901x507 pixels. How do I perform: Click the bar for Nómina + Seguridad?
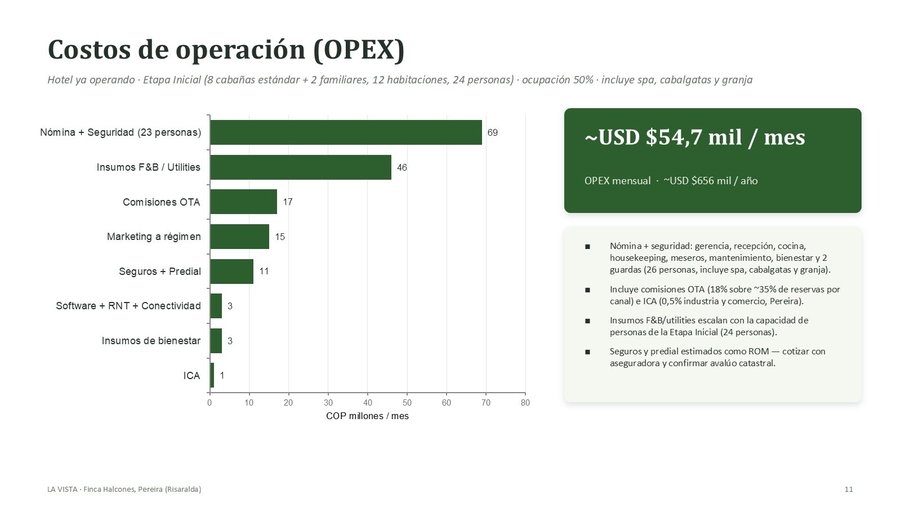[x=346, y=132]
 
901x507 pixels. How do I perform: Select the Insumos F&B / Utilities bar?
[x=301, y=167]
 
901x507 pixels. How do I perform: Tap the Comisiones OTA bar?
[x=243, y=202]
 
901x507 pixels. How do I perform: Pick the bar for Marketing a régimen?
[x=239, y=237]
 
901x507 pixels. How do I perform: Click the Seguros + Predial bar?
[x=231, y=271]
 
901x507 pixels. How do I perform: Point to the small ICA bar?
[x=212, y=375]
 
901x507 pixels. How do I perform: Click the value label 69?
[x=492, y=132]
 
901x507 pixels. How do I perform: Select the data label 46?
[x=402, y=167]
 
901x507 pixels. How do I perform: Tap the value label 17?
[x=288, y=202]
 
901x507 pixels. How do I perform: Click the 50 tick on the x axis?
[x=407, y=403]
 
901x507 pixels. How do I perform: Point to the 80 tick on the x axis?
[x=525, y=403]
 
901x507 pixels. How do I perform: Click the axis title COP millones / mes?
[x=367, y=416]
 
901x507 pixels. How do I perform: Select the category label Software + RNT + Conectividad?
[x=128, y=306]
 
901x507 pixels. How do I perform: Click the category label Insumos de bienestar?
[x=151, y=341]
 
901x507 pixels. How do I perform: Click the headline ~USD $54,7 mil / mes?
[x=695, y=137]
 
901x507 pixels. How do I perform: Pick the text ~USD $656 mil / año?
[x=710, y=181]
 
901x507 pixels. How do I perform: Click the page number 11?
[x=849, y=490]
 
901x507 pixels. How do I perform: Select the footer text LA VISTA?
[x=62, y=490]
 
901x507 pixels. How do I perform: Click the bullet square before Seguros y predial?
[x=588, y=352]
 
